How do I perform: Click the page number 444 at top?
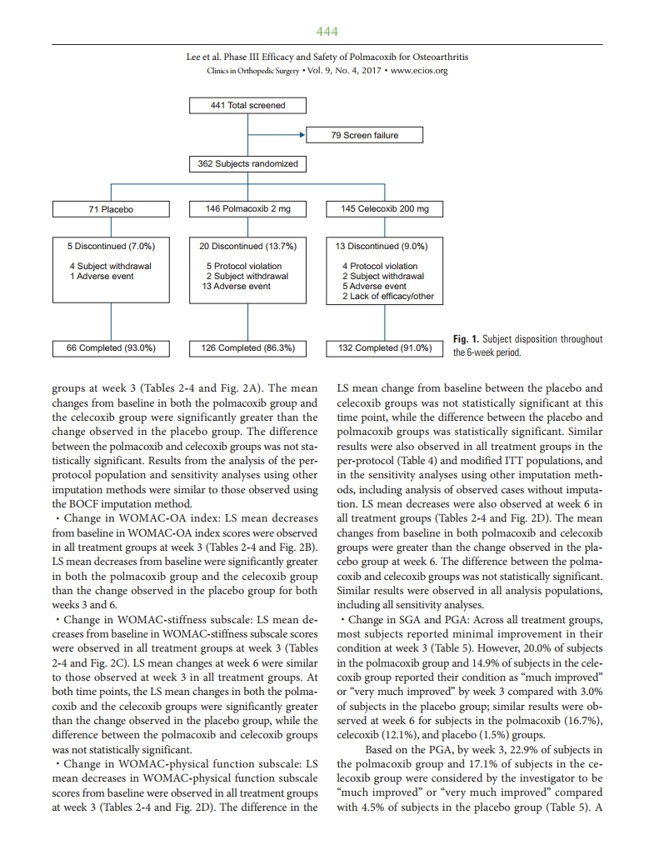(327, 32)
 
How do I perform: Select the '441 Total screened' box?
(247, 106)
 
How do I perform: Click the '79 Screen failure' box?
(365, 135)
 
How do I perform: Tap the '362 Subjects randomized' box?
(247, 163)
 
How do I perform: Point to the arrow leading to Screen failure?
(301, 135)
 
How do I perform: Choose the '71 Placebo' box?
(111, 209)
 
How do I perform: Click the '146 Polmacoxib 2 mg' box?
(247, 209)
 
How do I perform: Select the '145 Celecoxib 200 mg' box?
(385, 209)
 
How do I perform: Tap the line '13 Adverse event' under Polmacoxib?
(237, 286)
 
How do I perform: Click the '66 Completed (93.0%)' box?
(111, 347)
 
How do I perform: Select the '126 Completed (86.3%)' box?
(247, 347)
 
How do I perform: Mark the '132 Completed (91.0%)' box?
(385, 347)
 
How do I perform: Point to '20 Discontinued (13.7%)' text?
(247, 246)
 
